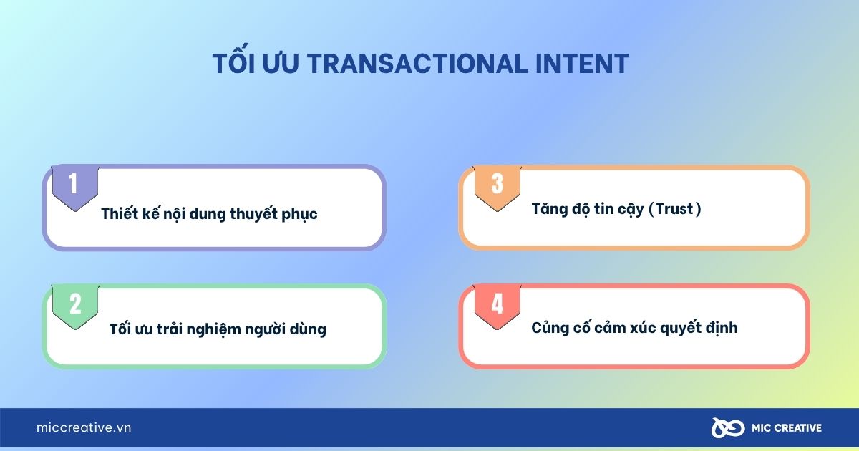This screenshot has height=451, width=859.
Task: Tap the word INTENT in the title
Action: click(582, 63)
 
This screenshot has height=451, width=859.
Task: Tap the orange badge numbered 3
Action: click(498, 188)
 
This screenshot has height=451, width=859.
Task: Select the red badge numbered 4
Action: click(498, 306)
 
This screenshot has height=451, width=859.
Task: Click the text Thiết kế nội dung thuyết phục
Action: click(209, 214)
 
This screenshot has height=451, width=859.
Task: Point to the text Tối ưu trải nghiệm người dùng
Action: click(218, 329)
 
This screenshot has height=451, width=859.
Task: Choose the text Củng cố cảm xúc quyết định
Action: click(634, 328)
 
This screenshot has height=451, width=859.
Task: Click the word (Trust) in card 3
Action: click(674, 209)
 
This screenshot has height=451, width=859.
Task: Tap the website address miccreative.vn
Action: click(84, 427)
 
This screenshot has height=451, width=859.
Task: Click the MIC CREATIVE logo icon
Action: click(728, 427)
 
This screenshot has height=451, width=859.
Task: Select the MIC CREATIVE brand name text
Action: click(787, 428)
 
